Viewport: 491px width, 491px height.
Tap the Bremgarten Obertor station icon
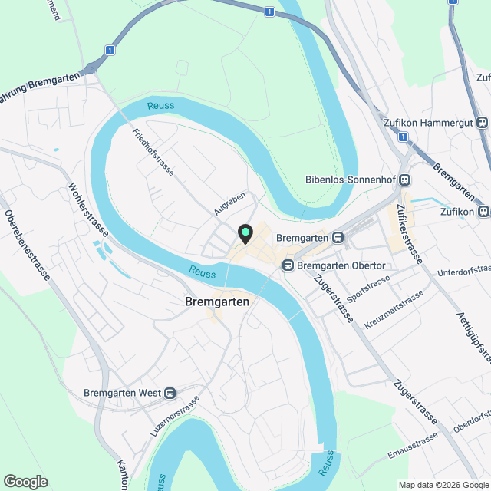click(288, 265)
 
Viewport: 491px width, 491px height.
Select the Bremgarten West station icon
click(169, 394)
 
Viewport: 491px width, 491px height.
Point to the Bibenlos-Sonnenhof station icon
click(404, 180)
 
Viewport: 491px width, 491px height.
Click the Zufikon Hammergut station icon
click(482, 121)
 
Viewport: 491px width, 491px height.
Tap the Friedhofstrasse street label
click(153, 152)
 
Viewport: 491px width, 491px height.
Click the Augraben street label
click(229, 202)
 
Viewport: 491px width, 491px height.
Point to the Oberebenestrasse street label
click(27, 245)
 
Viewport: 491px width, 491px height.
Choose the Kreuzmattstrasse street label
click(394, 310)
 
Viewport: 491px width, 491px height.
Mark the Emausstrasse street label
click(413, 449)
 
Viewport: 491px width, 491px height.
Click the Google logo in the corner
click(25, 481)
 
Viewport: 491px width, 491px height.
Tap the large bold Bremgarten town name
click(217, 302)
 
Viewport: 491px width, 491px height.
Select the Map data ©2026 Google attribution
click(443, 485)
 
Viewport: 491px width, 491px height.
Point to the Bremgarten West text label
click(121, 394)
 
